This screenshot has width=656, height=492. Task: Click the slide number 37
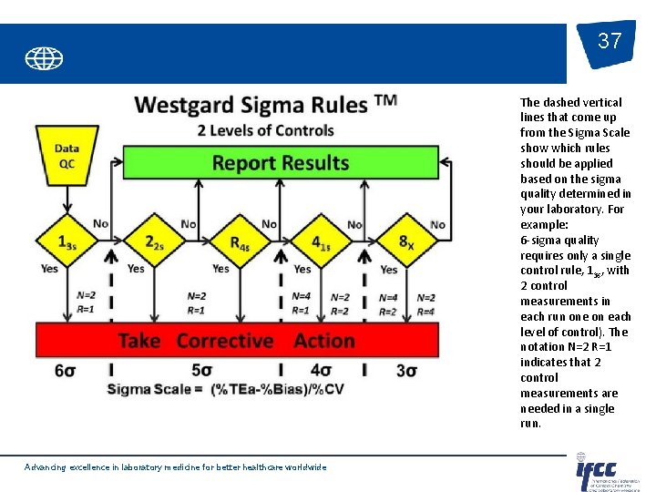pos(610,42)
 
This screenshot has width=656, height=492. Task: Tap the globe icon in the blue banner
pos(44,59)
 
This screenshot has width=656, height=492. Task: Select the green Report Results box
pos(280,163)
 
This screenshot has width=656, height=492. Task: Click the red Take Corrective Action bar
pos(236,341)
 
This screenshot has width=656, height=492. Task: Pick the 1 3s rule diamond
pos(67,241)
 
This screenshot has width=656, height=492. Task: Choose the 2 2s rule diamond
pos(154,241)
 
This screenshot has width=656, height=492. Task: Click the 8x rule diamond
pos(405,242)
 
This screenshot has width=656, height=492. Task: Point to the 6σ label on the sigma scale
pos(65,371)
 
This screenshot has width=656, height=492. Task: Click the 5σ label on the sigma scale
pos(202,371)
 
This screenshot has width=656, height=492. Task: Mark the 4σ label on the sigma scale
pos(321,371)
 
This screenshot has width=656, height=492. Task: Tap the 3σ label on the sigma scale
pos(406,371)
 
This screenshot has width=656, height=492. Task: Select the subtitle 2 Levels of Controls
pos(264,130)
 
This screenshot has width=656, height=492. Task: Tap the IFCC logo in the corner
pos(606,472)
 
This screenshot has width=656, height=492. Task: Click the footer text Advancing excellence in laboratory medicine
pos(175,467)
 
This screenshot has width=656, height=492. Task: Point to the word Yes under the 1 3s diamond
pos(49,269)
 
